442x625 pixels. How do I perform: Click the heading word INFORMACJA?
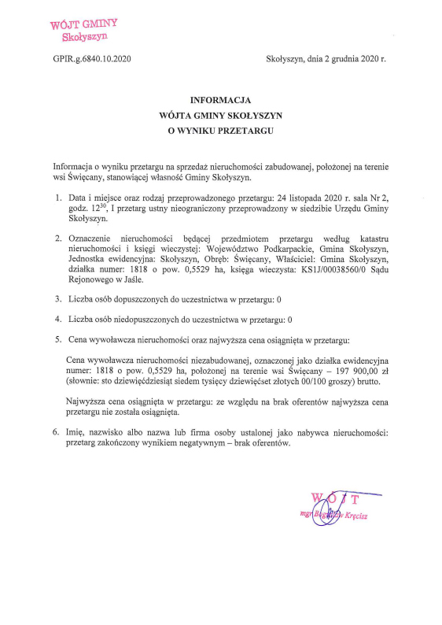(x=220, y=100)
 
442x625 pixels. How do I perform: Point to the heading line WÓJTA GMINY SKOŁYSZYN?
(x=220, y=115)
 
